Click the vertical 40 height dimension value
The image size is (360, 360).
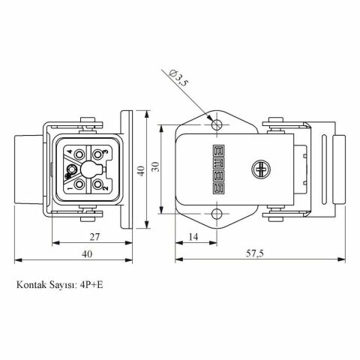(x=139, y=169)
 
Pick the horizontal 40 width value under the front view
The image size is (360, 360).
(x=87, y=254)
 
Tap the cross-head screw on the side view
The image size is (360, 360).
(x=262, y=170)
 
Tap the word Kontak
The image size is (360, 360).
(x=31, y=286)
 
